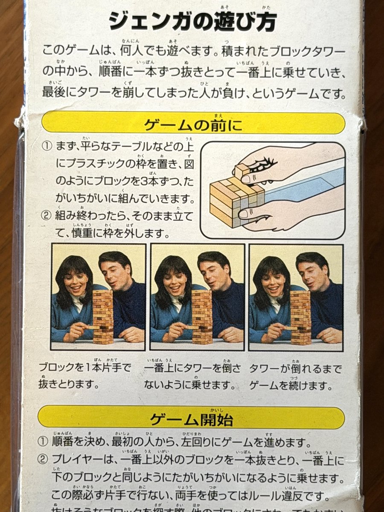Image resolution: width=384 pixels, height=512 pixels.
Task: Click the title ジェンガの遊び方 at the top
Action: click(x=192, y=20)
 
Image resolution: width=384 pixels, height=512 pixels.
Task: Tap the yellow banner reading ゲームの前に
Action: click(x=193, y=124)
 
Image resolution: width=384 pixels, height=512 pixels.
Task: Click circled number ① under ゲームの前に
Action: click(x=47, y=147)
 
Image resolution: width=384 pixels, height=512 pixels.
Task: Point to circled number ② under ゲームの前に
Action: click(x=47, y=215)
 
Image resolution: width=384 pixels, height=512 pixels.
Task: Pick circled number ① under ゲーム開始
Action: click(x=43, y=442)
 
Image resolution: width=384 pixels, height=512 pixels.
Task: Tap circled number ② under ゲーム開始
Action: click(x=43, y=460)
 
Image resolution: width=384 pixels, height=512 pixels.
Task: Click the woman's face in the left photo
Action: click(x=76, y=282)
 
